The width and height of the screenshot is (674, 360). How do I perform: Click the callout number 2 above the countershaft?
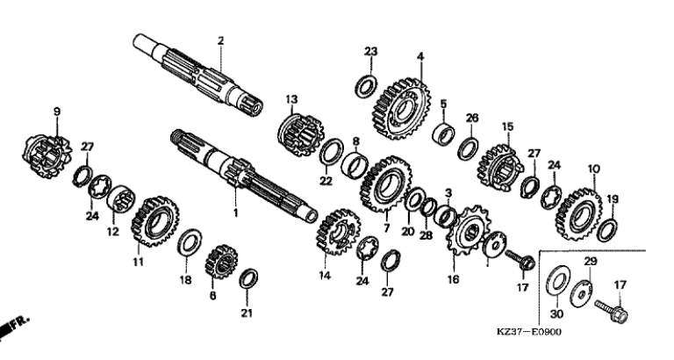(x=220, y=41)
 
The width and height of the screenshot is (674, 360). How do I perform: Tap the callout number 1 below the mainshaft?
(x=235, y=212)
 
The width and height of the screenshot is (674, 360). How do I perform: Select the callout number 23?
(x=371, y=52)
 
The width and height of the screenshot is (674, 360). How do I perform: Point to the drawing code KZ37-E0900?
(x=528, y=332)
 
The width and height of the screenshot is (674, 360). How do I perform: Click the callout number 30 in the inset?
(x=556, y=314)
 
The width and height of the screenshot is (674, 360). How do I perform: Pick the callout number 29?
(x=590, y=261)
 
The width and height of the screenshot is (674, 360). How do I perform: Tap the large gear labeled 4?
(x=400, y=109)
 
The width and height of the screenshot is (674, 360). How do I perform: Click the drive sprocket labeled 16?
(x=468, y=230)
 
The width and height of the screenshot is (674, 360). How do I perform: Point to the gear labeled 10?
(x=578, y=213)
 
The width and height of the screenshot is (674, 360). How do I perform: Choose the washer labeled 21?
(x=248, y=278)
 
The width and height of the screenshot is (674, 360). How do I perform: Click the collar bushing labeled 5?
(x=443, y=133)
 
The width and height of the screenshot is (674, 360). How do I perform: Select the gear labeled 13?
(x=300, y=134)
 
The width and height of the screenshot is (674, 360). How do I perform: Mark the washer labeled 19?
(x=607, y=230)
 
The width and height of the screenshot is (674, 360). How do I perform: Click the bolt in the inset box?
(x=611, y=311)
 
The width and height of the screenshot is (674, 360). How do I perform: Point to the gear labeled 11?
(x=154, y=221)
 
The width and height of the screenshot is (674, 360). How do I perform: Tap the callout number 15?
(x=507, y=127)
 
